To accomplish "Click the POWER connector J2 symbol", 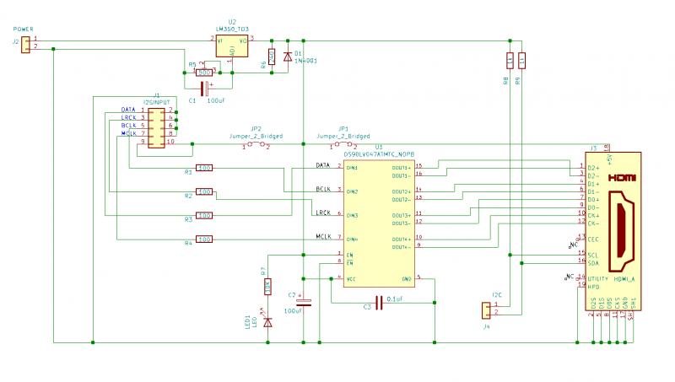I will coord(26,43).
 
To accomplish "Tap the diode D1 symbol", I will coord(288,56).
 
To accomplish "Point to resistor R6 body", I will coord(272,57).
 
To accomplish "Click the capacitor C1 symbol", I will coord(203,87).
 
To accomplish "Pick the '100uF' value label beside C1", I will coord(216,100).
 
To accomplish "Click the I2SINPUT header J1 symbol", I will coord(156,126).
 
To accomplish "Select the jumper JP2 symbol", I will coord(256,145).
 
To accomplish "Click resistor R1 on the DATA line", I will coord(204,168).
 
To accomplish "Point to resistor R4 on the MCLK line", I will coord(204,239).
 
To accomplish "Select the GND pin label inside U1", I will coord(406,278).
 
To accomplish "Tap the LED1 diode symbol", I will coord(267,321).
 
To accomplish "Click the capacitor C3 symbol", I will coord(379,301).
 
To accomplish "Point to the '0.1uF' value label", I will coord(394,299).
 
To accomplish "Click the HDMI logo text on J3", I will coord(622,179).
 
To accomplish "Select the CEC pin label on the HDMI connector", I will coord(593,239).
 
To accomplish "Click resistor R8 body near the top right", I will coord(510,60).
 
